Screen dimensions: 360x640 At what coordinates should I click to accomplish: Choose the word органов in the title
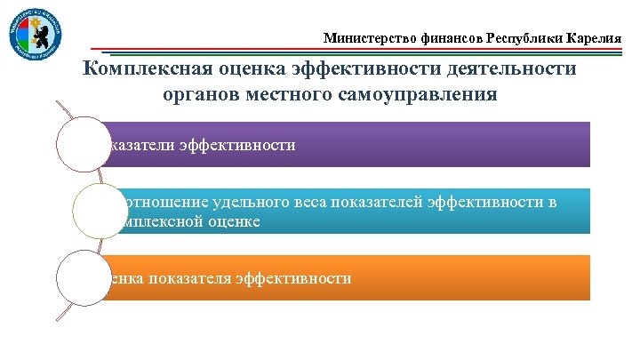tap(200, 93)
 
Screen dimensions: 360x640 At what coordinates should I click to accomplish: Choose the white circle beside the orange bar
tap(83, 277)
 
